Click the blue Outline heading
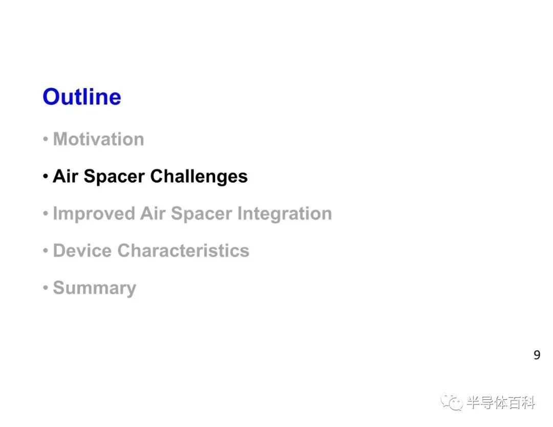tap(82, 97)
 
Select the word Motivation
tap(98, 139)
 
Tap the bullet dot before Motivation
tap(45, 139)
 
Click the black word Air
tap(65, 176)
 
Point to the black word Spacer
tap(114, 177)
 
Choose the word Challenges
tap(199, 177)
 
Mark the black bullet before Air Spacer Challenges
tap(45, 176)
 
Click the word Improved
tap(94, 214)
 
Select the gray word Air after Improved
tap(153, 214)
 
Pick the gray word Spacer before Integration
tap(201, 214)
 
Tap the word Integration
tap(285, 214)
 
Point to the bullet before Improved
tap(45, 214)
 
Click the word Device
tap(82, 250)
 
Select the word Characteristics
tap(183, 250)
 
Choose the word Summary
tap(95, 288)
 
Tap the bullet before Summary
tap(45, 288)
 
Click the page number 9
tap(537, 355)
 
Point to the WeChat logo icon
tap(452, 402)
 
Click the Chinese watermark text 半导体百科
tap(501, 402)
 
